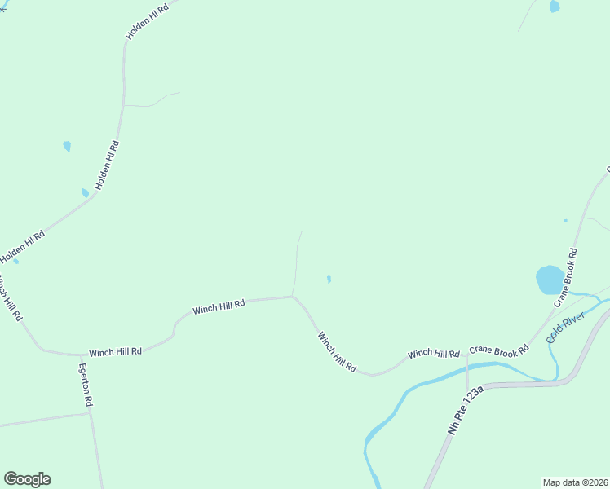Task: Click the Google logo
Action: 28,479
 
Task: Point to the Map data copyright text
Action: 576,482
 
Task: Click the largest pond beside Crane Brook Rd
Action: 550,280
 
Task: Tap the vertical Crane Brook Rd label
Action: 565,277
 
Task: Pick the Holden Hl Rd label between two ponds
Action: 107,165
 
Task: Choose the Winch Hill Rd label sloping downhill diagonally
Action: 337,351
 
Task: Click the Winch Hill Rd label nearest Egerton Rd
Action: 115,351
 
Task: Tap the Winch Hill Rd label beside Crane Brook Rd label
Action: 434,353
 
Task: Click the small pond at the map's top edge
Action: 555,6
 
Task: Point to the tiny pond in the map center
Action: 329,280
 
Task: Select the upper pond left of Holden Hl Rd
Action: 67,147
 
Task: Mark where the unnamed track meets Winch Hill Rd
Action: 294,297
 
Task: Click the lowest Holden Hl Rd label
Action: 22,246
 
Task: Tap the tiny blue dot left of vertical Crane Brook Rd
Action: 565,220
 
